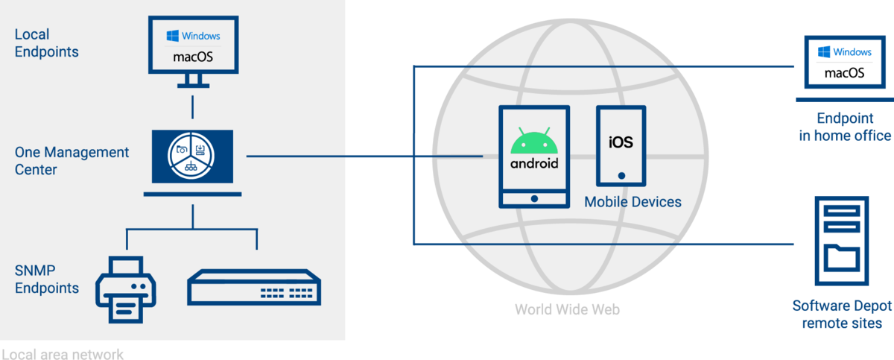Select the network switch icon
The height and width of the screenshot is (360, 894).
[254, 286]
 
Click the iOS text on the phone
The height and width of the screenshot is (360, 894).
[621, 141]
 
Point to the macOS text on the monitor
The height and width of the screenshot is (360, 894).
[193, 56]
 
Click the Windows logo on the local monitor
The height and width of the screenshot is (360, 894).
[172, 36]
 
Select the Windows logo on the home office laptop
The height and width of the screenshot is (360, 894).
[824, 52]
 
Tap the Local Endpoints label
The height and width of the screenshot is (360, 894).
[46, 43]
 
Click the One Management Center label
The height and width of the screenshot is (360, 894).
[72, 161]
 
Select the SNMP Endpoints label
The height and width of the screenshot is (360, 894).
[46, 279]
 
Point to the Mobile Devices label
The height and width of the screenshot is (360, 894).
[633, 202]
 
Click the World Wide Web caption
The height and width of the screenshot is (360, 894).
[567, 309]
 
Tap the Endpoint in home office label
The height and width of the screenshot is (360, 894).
[844, 127]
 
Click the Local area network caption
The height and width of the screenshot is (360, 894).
[62, 353]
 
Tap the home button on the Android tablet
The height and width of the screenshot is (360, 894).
[533, 199]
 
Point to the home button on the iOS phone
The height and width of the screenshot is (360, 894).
[621, 177]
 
